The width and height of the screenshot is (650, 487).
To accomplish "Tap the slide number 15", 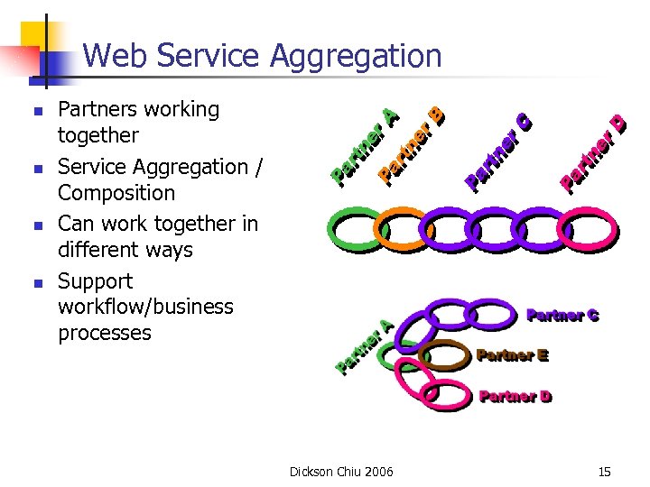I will tap(603, 472).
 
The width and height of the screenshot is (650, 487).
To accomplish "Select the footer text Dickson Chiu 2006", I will tap(340, 472).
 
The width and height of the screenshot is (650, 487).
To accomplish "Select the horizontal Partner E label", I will tap(512, 355).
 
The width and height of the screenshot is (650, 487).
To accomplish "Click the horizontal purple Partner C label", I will tap(562, 316).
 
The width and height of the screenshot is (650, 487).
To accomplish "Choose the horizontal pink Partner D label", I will tap(515, 396).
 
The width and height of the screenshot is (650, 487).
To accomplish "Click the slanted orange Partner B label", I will tap(412, 143).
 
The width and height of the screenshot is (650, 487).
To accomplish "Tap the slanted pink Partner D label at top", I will tap(593, 153).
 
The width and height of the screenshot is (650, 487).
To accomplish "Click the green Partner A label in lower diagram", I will tap(365, 346).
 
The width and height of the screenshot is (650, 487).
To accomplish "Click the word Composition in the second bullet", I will tap(116, 193).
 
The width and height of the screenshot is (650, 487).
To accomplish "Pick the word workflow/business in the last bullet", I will tap(145, 307).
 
